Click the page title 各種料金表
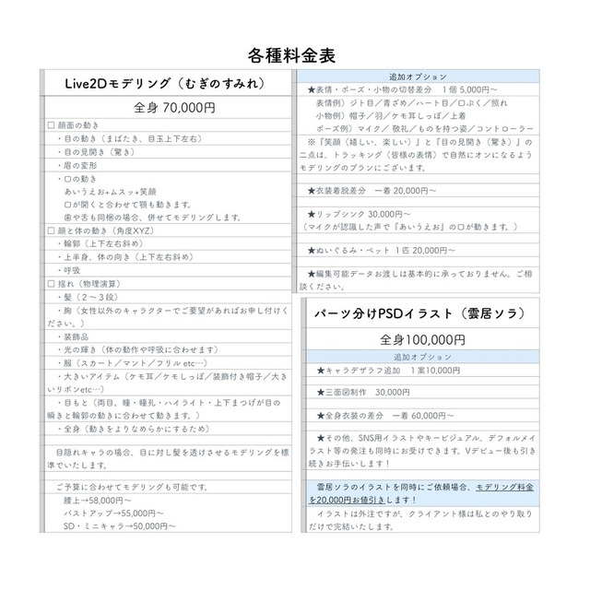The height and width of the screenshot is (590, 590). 292,54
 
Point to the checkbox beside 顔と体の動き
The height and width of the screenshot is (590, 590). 51,230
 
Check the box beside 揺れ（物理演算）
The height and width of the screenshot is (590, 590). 51,285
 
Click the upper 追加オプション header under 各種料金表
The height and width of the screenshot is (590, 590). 419,76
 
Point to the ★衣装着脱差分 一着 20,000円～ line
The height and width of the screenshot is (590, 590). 385,191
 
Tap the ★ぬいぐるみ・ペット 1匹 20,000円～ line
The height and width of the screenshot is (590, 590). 382,250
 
